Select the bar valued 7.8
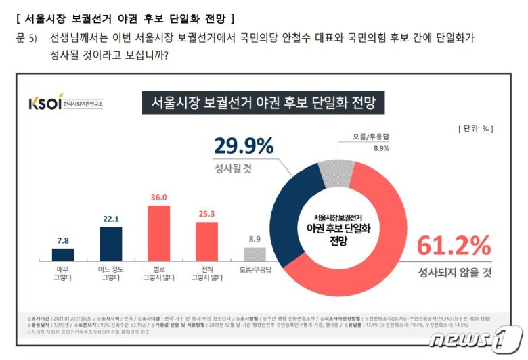tap(63, 254)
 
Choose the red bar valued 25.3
tap(206, 241)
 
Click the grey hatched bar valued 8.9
tap(254, 254)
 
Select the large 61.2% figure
tap(453, 244)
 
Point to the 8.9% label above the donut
tap(381, 148)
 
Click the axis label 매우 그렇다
tap(63, 274)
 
